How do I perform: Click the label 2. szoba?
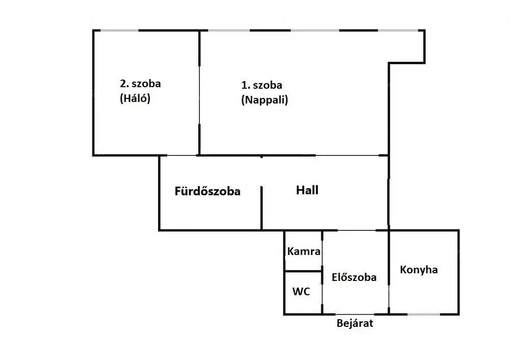[x=140, y=84]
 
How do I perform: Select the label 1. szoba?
[x=262, y=85]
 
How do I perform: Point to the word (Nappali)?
[x=264, y=100]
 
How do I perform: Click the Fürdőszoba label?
[x=207, y=192]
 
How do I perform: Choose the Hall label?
[x=307, y=190]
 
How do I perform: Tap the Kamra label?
[x=304, y=251]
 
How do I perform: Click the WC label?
[x=301, y=292]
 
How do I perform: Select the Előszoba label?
[x=354, y=277]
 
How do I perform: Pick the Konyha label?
[x=419, y=270]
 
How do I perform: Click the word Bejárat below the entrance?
[x=355, y=323]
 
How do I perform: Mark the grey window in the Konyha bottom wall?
[x=423, y=314]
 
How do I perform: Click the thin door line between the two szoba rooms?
[x=199, y=100]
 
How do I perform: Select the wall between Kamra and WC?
[x=303, y=271]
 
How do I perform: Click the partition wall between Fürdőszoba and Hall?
[x=262, y=208]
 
